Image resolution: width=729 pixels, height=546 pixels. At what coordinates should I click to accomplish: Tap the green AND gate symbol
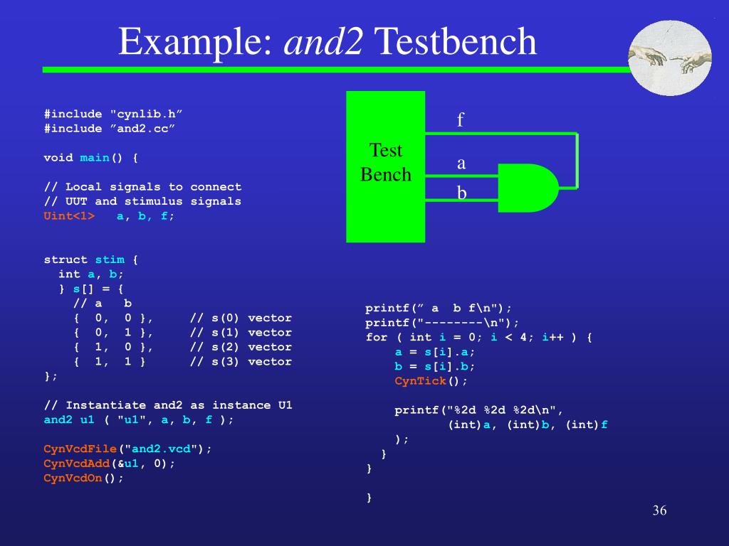[528, 188]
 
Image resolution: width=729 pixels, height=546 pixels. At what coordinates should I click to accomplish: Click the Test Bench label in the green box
[386, 162]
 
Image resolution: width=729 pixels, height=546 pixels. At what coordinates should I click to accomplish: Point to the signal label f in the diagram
[461, 119]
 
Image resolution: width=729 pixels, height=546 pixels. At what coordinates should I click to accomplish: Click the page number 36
[659, 511]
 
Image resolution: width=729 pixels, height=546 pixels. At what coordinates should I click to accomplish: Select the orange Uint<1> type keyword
[69, 216]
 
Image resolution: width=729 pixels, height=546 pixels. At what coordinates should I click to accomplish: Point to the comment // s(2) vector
[241, 347]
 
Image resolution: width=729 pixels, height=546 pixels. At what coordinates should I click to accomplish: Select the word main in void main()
[95, 158]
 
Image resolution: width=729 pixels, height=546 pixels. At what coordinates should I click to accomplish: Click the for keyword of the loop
[377, 338]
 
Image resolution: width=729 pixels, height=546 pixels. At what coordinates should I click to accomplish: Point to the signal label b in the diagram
[461, 193]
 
